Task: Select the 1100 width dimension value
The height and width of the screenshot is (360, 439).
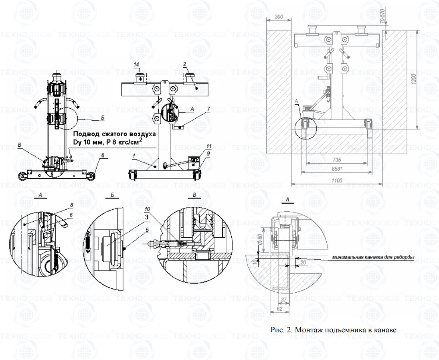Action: [x=337, y=181]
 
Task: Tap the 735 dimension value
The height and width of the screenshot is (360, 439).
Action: [x=337, y=159]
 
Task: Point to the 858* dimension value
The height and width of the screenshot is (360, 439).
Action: [x=337, y=169]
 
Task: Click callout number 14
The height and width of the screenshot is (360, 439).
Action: [x=137, y=64]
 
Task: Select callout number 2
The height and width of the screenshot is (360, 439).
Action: [x=185, y=64]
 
